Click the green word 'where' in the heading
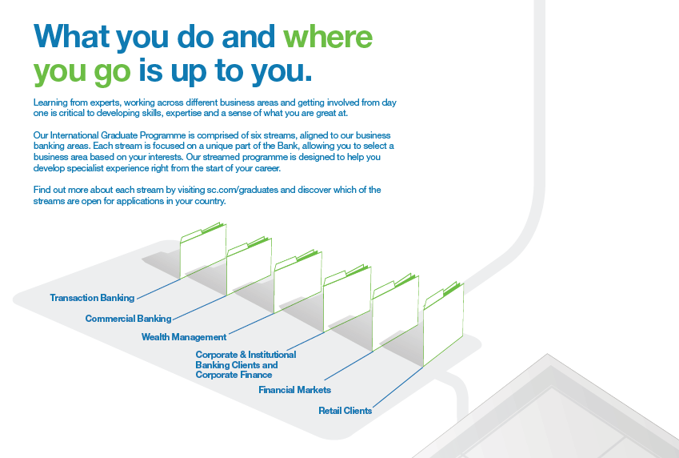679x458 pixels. (328, 37)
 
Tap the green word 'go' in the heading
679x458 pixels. (112, 72)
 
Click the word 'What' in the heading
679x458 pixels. (71, 36)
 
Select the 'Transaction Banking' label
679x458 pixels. (92, 298)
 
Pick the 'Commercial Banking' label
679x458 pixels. (128, 319)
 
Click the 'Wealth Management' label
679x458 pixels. (184, 337)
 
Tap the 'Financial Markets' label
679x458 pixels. (294, 390)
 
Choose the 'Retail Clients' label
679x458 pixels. (345, 411)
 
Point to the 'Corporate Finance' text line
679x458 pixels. (234, 375)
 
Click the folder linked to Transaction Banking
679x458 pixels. (203, 251)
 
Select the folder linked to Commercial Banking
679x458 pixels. (249, 266)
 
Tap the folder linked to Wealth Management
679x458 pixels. (298, 281)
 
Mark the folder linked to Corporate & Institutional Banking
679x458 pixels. (347, 298)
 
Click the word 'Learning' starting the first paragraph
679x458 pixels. (50, 102)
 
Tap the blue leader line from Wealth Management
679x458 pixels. (251, 323)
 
